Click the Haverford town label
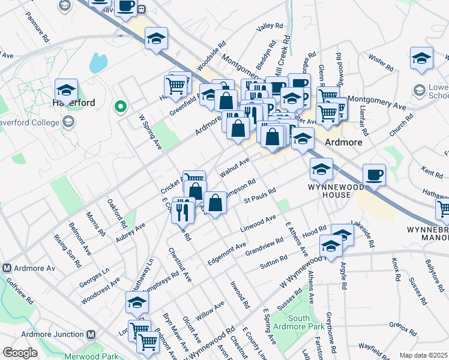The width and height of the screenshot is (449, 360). click(x=66, y=103)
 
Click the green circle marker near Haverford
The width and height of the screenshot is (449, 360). click(x=120, y=107)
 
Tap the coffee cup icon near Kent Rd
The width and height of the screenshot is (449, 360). click(x=375, y=175)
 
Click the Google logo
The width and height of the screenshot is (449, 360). click(x=20, y=353)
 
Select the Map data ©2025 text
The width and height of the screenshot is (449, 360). click(x=423, y=355)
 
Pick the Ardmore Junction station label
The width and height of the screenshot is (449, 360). click(x=50, y=334)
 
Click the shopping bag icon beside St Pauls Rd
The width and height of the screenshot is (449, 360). click(x=215, y=203)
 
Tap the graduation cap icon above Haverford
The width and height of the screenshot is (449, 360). click(x=66, y=91)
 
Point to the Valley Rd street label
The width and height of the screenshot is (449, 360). click(x=269, y=27)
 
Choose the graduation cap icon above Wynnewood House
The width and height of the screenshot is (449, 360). click(x=321, y=169)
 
